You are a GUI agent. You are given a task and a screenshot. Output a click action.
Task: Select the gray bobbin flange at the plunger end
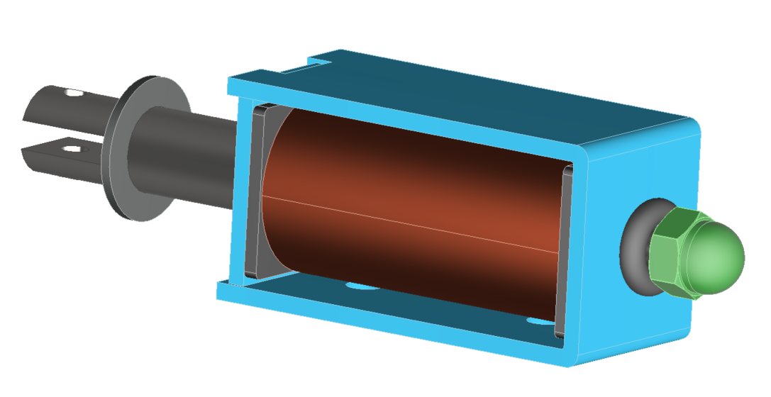(257, 191)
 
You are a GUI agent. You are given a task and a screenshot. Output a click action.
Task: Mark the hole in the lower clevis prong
(70, 149)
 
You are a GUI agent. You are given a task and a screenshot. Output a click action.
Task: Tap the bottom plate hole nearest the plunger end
(362, 287)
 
